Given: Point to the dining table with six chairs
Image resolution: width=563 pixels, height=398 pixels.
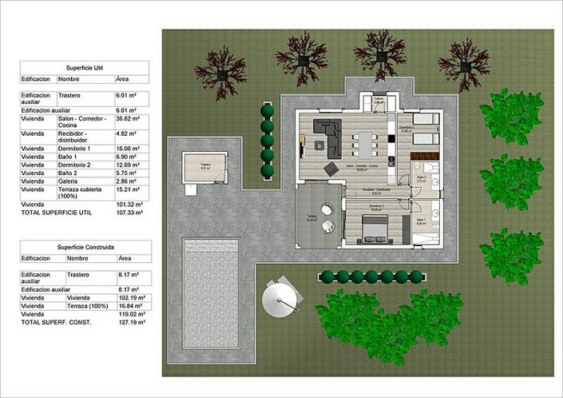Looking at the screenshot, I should pos(367,145).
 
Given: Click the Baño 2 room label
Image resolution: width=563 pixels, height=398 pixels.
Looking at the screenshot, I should pos(421,179).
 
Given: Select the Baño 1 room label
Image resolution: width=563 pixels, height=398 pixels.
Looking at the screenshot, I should pos(421,221).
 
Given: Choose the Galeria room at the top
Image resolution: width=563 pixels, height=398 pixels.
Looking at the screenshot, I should pos(379,102).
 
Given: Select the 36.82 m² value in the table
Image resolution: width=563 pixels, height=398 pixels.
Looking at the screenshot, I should pos(128,118).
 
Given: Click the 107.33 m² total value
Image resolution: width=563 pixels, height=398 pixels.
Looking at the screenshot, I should pos(128,213).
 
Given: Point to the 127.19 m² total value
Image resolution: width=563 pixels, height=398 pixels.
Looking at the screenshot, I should pos(128,322).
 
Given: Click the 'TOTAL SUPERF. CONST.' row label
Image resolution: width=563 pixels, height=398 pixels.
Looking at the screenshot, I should pos(57,322).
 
